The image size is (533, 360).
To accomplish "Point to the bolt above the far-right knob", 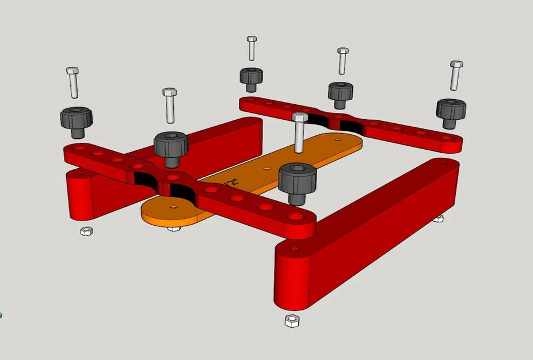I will (456, 75).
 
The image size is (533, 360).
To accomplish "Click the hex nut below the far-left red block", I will (85, 232).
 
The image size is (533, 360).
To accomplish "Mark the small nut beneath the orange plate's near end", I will (173, 229).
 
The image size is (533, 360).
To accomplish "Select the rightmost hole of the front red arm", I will (296, 217).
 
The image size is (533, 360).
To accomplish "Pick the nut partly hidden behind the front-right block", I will (439, 218).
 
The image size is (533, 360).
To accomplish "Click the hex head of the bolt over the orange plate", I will (299, 117).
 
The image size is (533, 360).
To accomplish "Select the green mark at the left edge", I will (1, 315).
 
